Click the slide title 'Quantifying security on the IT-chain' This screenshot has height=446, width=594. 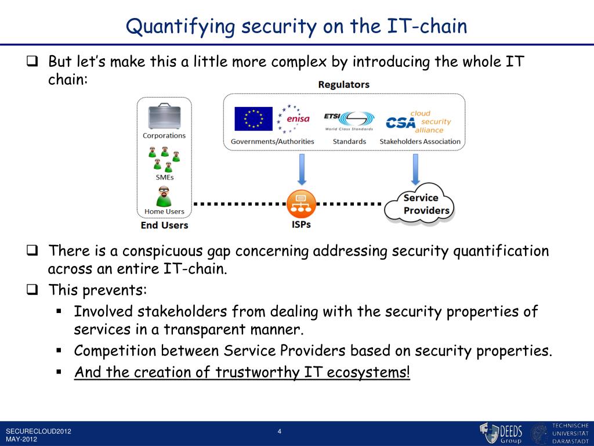[x=296, y=26]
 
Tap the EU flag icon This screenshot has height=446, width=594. [x=253, y=119]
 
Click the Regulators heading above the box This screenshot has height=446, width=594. [x=343, y=85]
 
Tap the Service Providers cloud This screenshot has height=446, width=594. [x=419, y=204]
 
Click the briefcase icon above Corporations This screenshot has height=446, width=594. [x=164, y=116]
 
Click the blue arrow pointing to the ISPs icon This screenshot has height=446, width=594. [x=301, y=169]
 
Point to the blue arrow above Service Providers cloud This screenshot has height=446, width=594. [x=415, y=169]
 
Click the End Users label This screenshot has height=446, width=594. [x=164, y=225]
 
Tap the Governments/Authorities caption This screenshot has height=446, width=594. [x=272, y=141]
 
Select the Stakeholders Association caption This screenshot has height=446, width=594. [x=419, y=141]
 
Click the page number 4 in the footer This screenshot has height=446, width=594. [x=280, y=431]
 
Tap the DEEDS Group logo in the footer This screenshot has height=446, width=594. [x=501, y=433]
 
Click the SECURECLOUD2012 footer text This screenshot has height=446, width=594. [x=38, y=431]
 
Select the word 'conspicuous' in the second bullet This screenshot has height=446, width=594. [x=155, y=251]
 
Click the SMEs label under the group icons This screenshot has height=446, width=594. [x=165, y=177]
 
